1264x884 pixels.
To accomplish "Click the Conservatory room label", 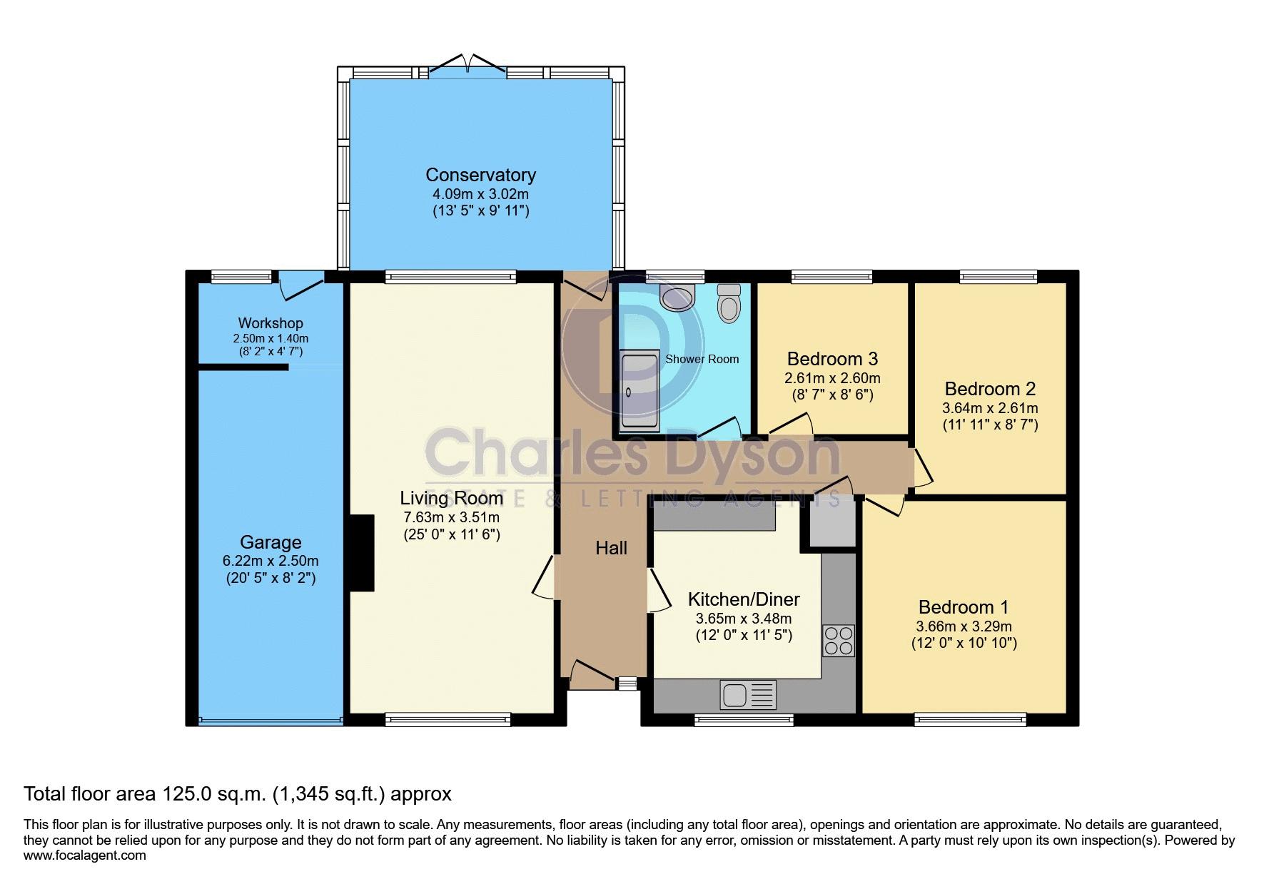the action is (480, 175).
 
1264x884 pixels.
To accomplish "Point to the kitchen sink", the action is (748, 694).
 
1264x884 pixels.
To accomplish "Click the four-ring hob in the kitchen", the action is (838, 640).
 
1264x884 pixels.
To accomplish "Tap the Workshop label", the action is (271, 323).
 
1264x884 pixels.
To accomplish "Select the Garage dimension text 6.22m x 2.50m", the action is (271, 562).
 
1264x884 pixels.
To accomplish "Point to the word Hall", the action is (612, 548).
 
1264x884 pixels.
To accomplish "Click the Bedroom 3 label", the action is (832, 358).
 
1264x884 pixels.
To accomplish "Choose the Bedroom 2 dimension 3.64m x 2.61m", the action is (990, 409).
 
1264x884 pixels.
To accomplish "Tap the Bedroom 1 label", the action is (964, 607).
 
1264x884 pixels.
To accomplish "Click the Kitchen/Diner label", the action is (744, 599).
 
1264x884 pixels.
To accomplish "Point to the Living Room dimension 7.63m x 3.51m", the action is (450, 518).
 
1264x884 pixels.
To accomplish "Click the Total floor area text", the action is (238, 793).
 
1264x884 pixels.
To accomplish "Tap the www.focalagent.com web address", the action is (85, 855).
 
